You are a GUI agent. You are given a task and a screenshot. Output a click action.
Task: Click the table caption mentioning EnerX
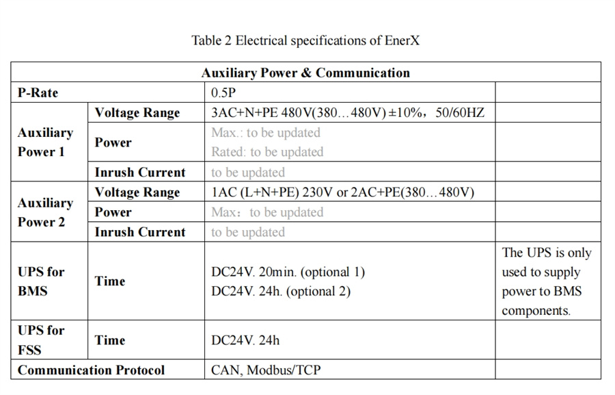305,40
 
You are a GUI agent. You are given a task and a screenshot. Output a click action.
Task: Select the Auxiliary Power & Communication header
305,73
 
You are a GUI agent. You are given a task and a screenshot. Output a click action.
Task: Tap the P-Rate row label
38,92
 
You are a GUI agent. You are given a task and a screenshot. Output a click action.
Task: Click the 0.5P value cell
223,92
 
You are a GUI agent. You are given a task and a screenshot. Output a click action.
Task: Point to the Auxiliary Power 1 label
46,142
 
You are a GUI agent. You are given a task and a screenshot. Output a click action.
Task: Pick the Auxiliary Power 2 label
46,212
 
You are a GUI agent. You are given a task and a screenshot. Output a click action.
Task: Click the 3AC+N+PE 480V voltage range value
348,113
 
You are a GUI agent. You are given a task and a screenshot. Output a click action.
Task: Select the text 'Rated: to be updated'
267,152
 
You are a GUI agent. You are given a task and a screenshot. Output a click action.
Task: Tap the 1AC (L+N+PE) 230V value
342,192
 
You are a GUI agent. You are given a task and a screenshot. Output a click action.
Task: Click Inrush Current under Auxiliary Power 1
140,172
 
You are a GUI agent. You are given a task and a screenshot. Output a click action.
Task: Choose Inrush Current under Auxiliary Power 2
140,232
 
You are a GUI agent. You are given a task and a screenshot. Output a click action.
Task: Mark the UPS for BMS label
41,281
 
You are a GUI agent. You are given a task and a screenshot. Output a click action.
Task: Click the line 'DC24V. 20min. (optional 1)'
288,272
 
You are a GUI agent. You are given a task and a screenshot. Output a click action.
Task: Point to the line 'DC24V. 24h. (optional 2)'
281,291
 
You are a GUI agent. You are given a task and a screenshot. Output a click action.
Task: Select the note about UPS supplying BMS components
547,281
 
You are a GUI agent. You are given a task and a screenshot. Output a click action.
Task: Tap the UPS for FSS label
41,340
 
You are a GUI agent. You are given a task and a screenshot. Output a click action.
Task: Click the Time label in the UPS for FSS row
110,340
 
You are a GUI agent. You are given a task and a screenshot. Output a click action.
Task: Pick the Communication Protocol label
91,370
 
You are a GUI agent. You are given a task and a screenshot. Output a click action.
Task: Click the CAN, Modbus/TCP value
266,370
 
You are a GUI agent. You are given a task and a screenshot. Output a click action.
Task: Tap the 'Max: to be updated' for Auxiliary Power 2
267,212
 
